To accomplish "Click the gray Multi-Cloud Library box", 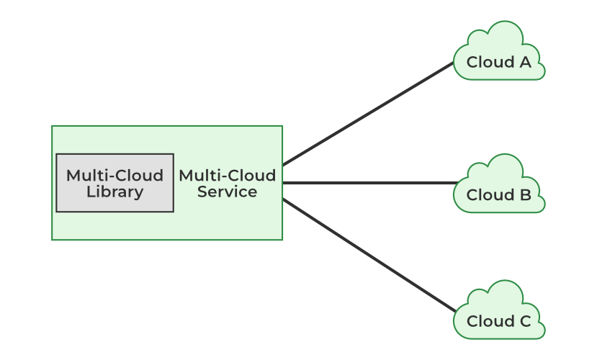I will [x=115, y=183].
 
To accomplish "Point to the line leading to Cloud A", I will [x=368, y=114].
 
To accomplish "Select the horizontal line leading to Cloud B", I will [x=369, y=183].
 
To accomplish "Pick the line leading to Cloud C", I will [x=369, y=256].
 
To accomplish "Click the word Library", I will [x=115, y=192].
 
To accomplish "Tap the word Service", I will [x=227, y=192].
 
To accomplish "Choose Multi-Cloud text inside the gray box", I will [x=115, y=176].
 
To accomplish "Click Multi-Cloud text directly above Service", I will [x=227, y=176].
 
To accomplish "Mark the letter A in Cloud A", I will [x=525, y=62].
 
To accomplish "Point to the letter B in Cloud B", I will [x=525, y=195].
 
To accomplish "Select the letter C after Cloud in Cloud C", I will [x=525, y=322].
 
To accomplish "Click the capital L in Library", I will [x=89, y=192].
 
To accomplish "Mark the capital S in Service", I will [x=202, y=192].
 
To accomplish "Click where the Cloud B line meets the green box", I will [x=283, y=183].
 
